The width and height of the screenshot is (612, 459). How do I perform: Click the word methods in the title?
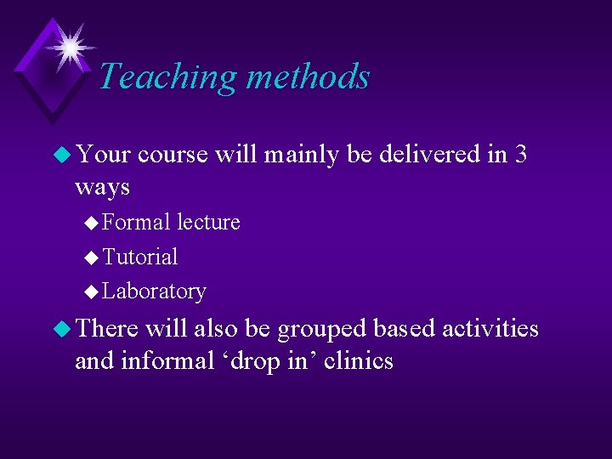coord(308,76)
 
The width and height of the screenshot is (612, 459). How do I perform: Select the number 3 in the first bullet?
coord(520,154)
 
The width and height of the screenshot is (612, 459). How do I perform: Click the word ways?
coord(102,186)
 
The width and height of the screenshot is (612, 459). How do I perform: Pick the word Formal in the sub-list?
coord(137,222)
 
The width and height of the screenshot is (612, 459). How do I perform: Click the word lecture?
coord(208,222)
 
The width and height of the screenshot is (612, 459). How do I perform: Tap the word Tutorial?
coord(140,257)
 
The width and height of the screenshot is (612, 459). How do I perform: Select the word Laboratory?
coord(154,292)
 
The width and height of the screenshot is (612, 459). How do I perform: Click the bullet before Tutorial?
coord(92,258)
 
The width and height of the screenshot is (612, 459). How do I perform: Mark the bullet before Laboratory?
coord(92,292)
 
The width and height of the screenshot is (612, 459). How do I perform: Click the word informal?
coord(167,360)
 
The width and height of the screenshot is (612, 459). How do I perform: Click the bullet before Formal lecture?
coord(92,223)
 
